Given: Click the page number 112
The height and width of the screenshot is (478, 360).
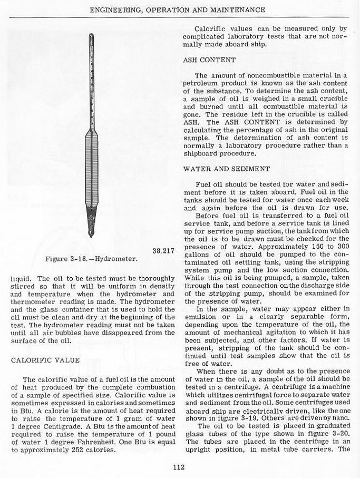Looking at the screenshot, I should pyautogui.click(x=180, y=465).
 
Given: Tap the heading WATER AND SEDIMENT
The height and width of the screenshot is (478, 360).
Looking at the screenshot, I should pyautogui.click(x=226, y=169).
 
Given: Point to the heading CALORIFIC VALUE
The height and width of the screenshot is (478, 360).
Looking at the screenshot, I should pyautogui.click(x=45, y=360).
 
